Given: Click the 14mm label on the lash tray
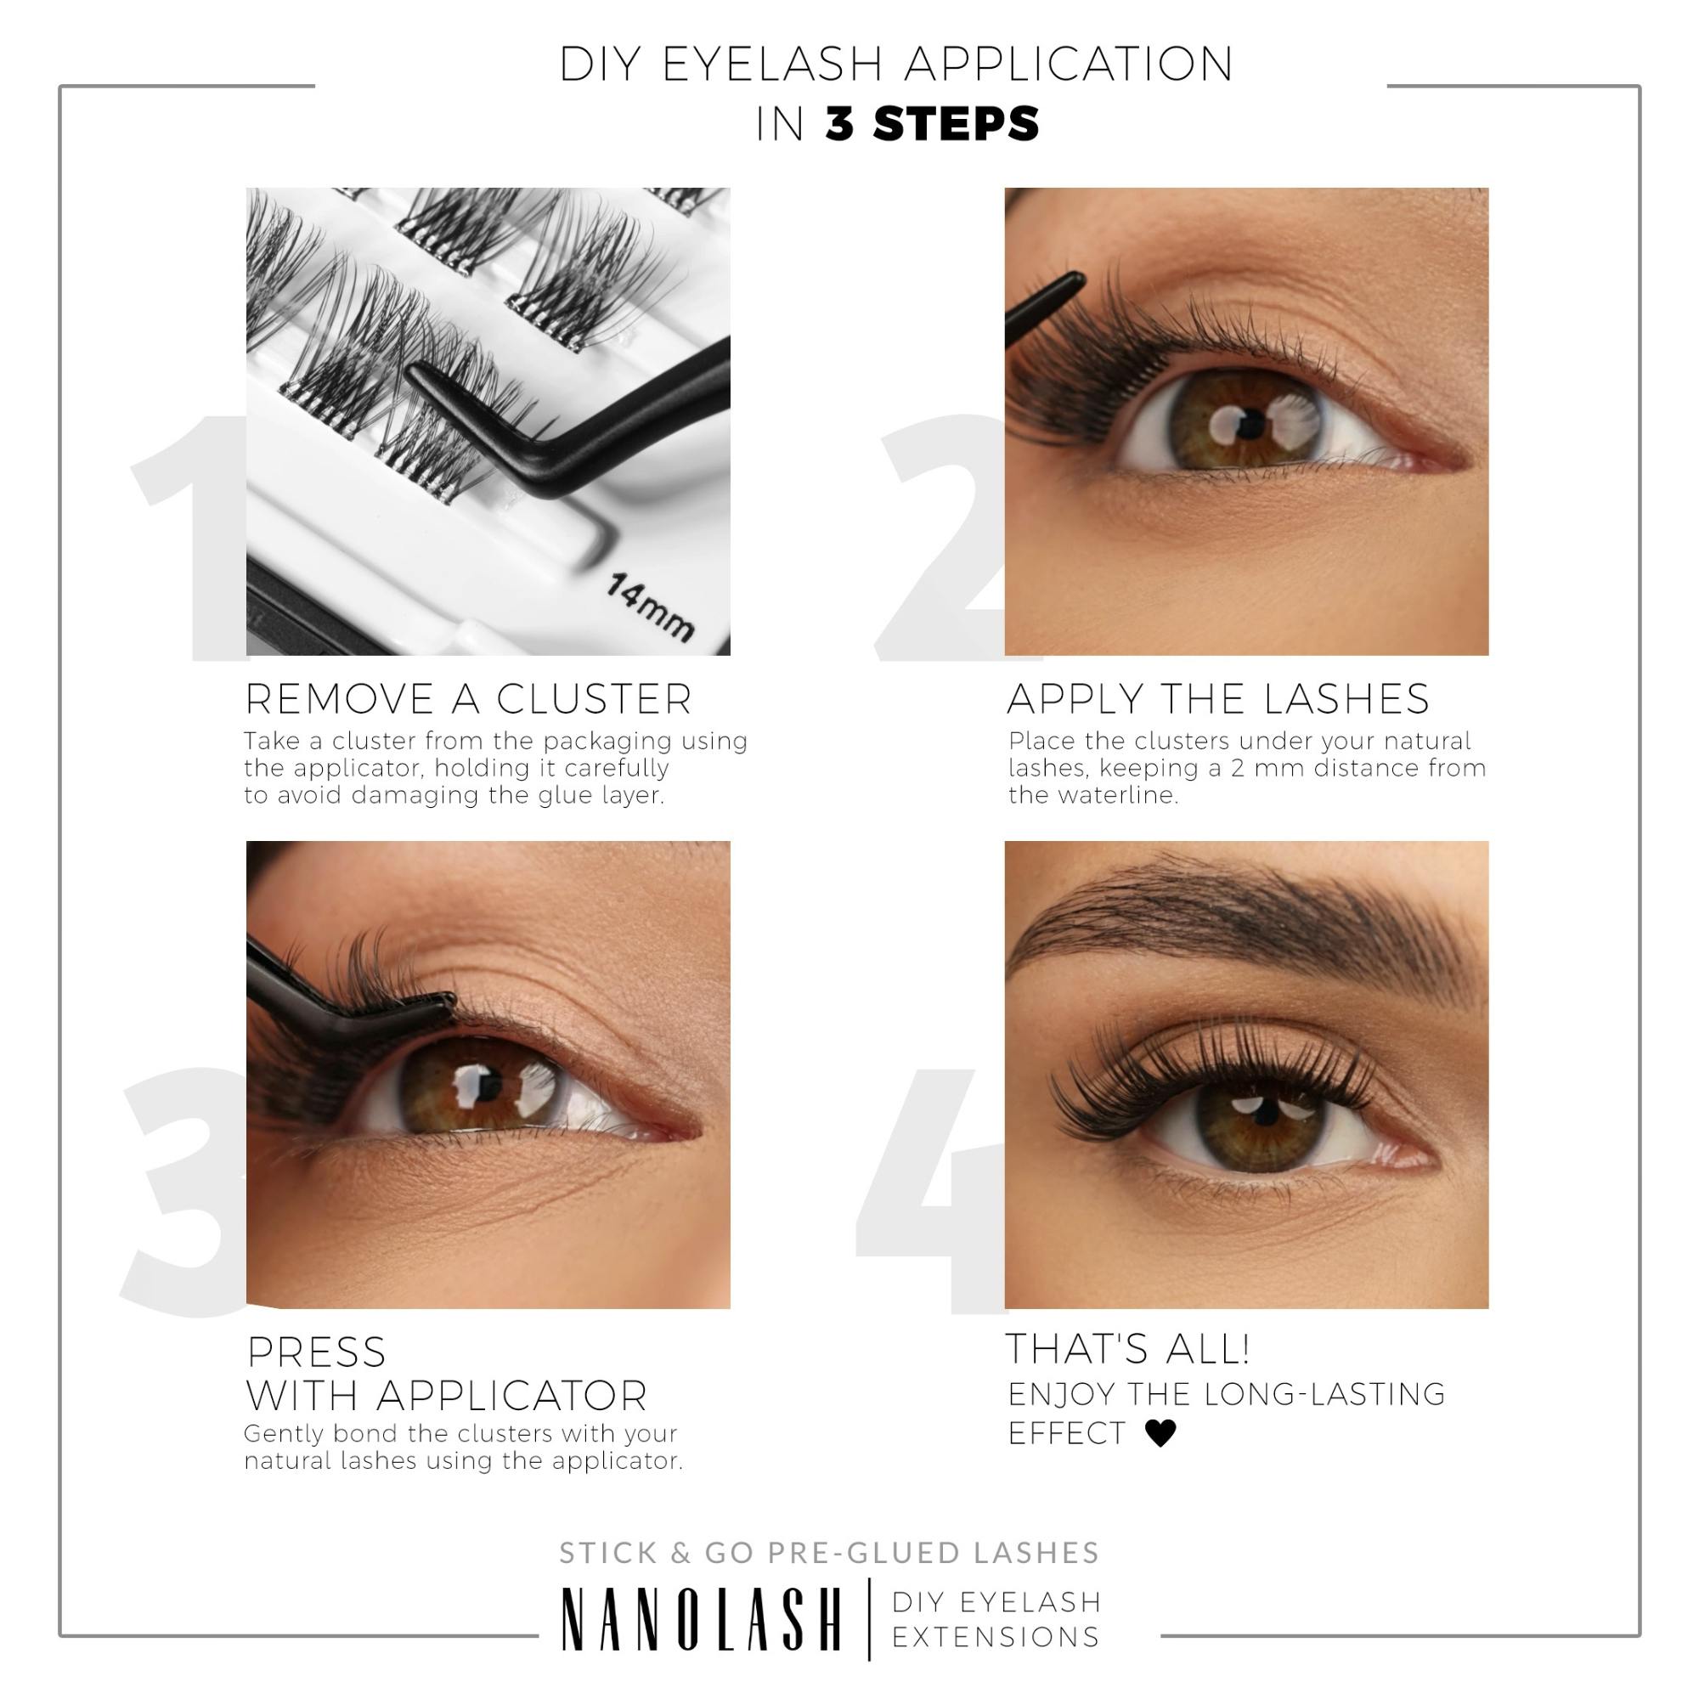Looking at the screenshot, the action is click(x=650, y=606).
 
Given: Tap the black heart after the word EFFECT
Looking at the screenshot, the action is click(x=1160, y=1433).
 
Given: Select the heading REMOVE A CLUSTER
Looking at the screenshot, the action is click(x=468, y=699).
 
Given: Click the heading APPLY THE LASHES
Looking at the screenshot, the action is click(x=1218, y=699).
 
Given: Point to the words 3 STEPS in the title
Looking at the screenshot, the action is click(x=932, y=123).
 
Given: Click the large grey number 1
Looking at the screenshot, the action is click(x=189, y=536).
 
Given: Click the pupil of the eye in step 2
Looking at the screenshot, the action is click(x=1247, y=427).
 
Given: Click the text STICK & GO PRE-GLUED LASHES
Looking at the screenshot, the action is click(x=829, y=1553).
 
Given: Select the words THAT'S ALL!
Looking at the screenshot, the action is click(x=1127, y=1349).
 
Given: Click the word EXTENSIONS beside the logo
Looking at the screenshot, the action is click(x=996, y=1637).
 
